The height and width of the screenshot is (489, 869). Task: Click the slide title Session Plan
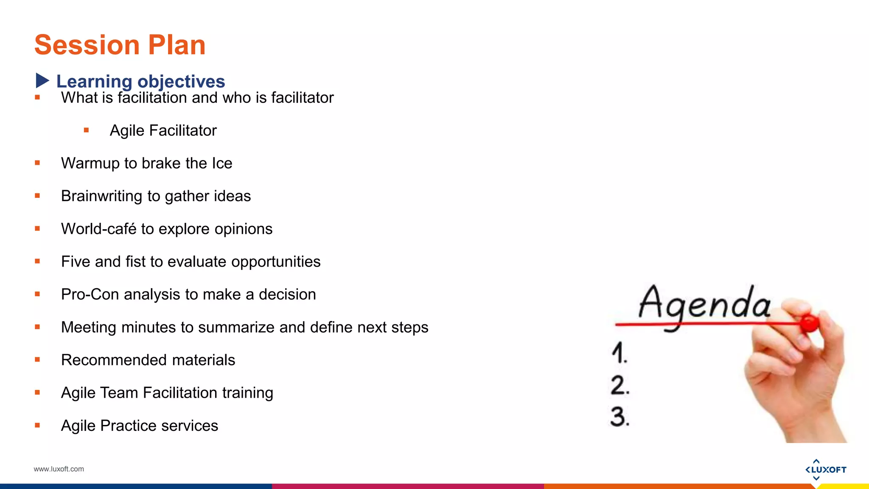pyautogui.click(x=120, y=45)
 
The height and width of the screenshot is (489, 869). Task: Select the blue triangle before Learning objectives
pyautogui.click(x=42, y=81)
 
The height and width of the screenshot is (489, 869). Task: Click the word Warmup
pyautogui.click(x=90, y=163)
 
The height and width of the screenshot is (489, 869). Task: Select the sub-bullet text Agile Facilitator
pyautogui.click(x=163, y=131)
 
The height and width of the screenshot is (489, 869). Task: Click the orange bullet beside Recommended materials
pyautogui.click(x=37, y=360)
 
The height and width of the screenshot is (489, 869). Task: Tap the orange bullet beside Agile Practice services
pyautogui.click(x=37, y=425)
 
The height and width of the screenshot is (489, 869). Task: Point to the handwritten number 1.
pyautogui.click(x=619, y=353)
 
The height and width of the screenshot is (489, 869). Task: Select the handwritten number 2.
pyautogui.click(x=620, y=385)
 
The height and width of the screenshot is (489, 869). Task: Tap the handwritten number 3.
pyautogui.click(x=620, y=417)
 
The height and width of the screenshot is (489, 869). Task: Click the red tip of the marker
pyautogui.click(x=809, y=323)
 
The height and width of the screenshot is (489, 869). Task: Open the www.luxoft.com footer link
pyautogui.click(x=59, y=469)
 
